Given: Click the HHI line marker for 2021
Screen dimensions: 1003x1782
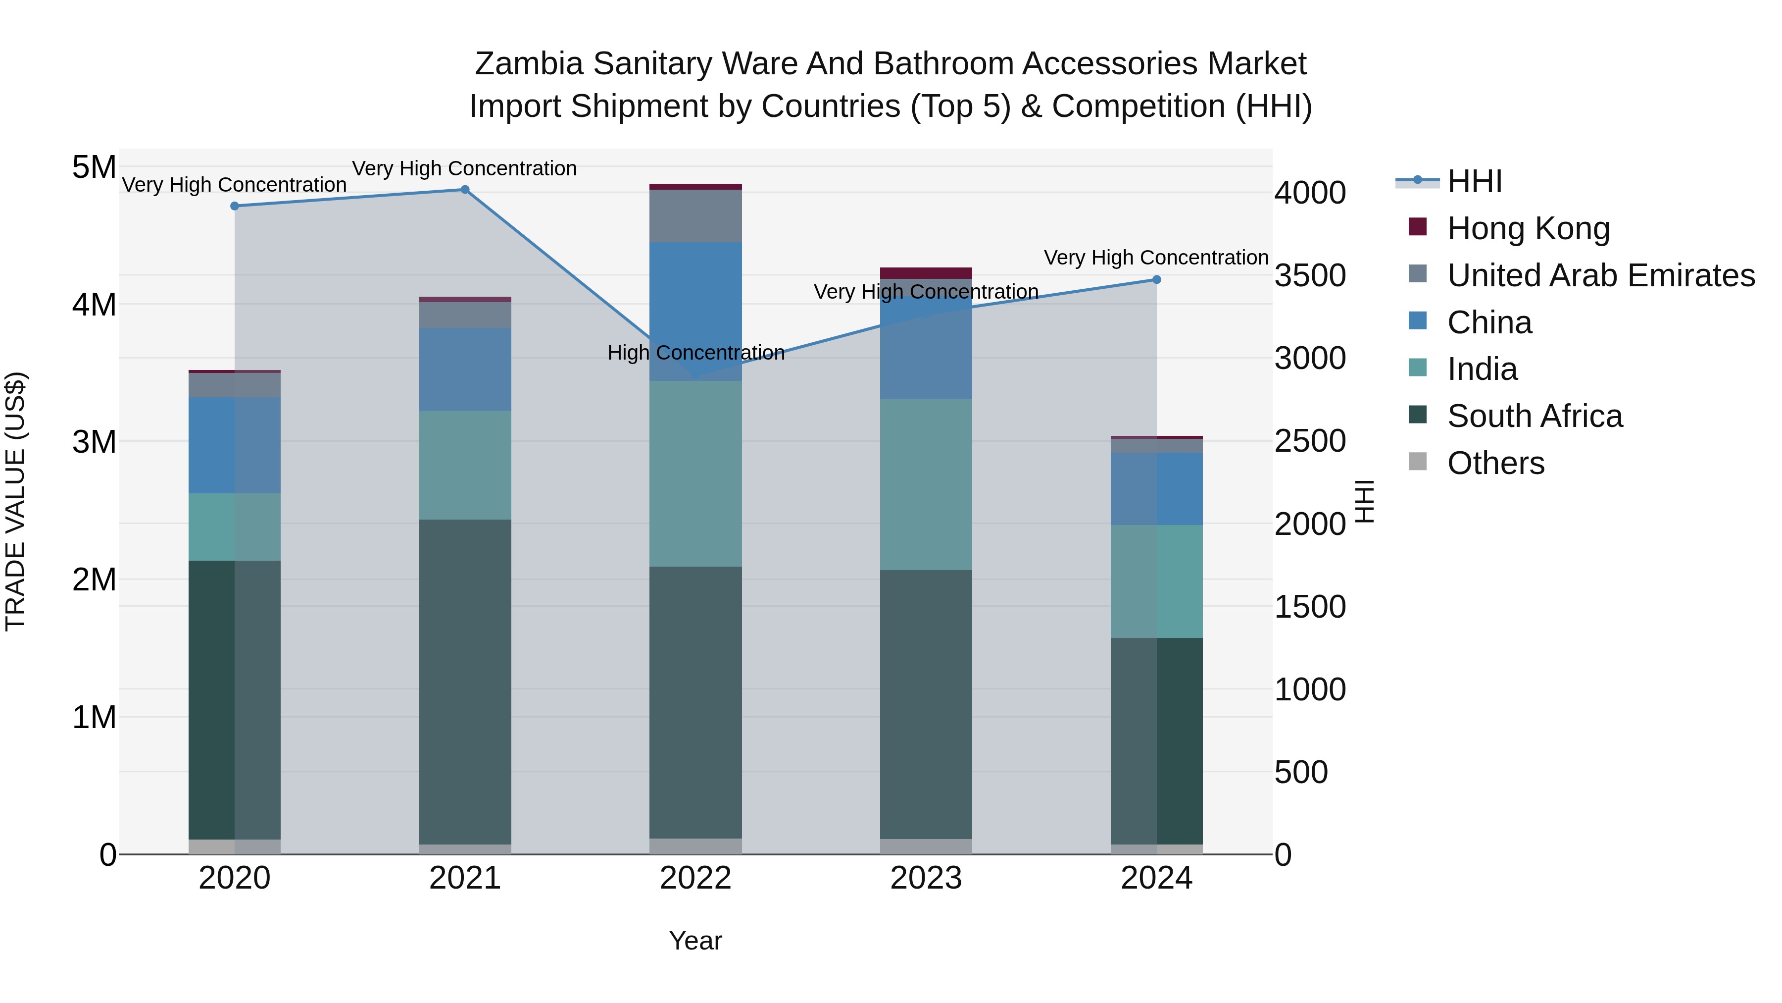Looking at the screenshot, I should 465,190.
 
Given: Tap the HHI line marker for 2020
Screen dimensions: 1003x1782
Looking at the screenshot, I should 235,206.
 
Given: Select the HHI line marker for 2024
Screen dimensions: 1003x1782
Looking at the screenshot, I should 1157,280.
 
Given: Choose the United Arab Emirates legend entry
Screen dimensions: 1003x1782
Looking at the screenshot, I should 1600,275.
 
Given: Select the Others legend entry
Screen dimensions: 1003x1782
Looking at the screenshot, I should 1495,463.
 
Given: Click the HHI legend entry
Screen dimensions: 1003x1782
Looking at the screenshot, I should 1474,181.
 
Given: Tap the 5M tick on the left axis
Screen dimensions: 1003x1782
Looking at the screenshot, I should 94,167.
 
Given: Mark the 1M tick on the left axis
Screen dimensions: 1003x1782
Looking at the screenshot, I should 94,718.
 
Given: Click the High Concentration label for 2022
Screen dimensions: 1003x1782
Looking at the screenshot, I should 696,353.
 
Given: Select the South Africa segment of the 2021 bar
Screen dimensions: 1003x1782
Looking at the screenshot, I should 465,682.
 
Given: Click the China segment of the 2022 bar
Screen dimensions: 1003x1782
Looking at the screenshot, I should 695,312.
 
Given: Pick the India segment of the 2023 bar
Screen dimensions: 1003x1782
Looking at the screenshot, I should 926,484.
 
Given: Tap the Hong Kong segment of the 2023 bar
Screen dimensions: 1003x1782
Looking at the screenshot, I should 926,273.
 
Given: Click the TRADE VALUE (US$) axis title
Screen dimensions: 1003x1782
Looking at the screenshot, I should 15,501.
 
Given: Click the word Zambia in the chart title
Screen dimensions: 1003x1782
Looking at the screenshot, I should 529,64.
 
